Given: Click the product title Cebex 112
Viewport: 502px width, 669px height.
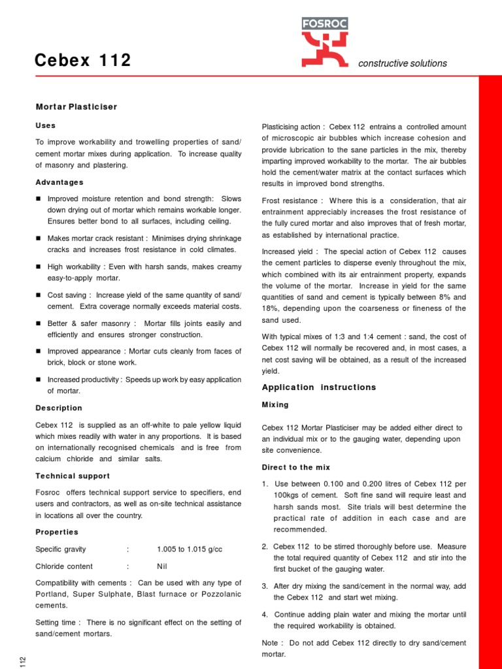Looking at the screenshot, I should pos(83,61).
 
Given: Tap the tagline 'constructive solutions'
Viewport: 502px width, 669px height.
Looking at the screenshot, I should pos(403,63).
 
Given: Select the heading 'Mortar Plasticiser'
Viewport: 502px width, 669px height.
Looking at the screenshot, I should pos(76,106).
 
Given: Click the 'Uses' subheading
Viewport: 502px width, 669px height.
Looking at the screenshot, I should pos(46,125).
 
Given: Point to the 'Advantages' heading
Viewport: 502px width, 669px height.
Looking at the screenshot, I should pos(59,182).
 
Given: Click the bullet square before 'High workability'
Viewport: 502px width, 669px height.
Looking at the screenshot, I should pos(39,267).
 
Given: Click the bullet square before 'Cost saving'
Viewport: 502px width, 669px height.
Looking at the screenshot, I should pos(39,295).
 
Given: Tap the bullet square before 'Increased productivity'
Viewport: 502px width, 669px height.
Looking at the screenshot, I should pos(39,380).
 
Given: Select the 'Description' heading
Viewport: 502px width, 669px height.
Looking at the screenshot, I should pos(59,408).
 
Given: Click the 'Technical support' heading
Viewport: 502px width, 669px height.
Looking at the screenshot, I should pos(73,476).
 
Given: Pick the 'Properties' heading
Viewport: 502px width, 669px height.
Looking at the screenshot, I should pos(57,532).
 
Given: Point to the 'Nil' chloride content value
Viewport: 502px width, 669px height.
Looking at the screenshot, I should pos(162,566).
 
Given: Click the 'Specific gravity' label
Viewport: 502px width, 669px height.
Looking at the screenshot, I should pos(61,549).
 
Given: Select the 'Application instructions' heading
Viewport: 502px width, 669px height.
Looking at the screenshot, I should pos(319,387).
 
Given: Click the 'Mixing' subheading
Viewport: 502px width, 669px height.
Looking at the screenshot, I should pos(275,405).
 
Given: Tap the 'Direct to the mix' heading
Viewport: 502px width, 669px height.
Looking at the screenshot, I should pos(296,468).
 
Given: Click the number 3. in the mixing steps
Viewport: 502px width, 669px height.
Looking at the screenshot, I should pos(265,587).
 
